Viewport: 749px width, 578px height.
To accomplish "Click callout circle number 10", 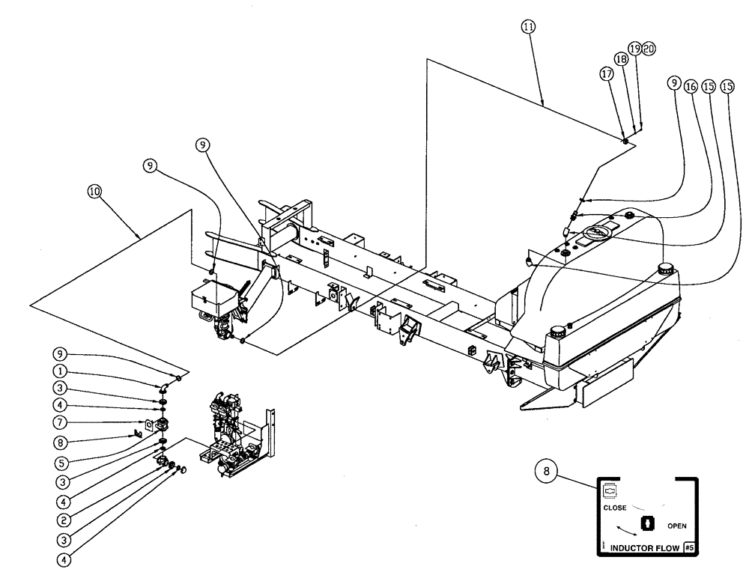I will click(94, 192).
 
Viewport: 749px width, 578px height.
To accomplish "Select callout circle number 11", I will click(529, 25).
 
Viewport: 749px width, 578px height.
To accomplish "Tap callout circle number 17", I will click(607, 74).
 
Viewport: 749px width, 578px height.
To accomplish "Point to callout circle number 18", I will click(620, 59).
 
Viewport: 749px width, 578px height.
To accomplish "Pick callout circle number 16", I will click(689, 87).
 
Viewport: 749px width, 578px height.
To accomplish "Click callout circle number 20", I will click(649, 48).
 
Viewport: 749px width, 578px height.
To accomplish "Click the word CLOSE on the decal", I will click(615, 508).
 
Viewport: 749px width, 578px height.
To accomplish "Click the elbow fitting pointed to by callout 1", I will click(163, 387).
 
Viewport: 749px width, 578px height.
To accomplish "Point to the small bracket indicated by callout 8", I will click(139, 433).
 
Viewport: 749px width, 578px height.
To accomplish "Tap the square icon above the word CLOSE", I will click(609, 491).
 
